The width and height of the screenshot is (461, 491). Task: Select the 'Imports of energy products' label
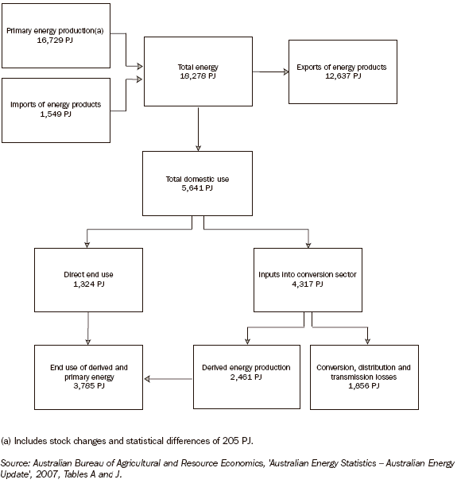point(56,105)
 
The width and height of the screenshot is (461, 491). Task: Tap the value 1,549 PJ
point(55,114)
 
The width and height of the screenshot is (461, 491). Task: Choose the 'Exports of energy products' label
point(341,68)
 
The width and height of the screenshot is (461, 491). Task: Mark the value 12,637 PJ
point(341,77)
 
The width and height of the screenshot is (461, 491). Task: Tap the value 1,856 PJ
point(363,386)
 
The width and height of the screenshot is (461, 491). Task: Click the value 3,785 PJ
point(87,386)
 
